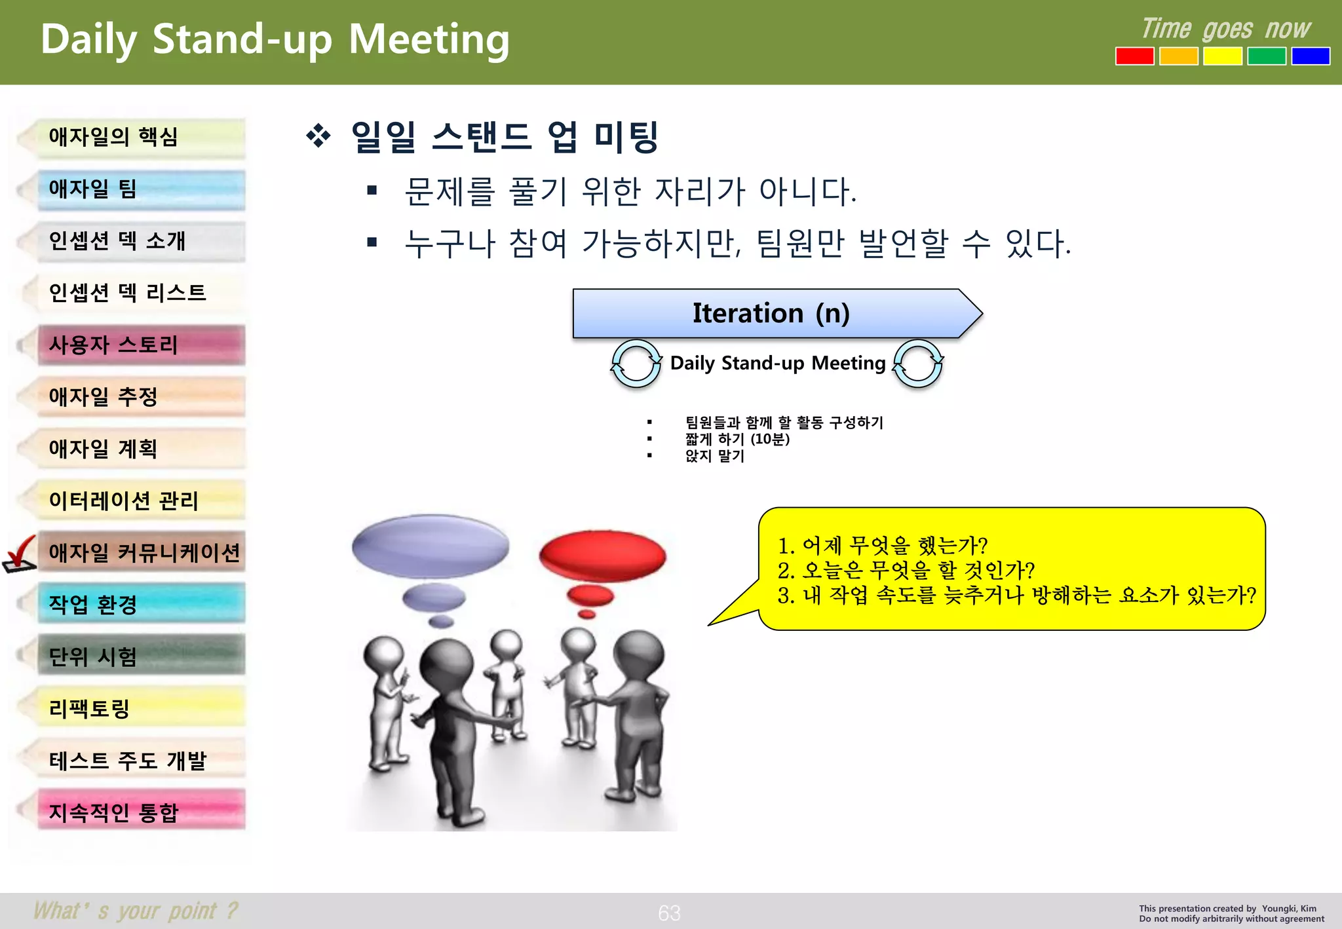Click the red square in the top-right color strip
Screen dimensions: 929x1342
point(1134,56)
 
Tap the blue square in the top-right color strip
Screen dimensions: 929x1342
point(1310,56)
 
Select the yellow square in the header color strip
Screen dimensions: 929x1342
point(1222,56)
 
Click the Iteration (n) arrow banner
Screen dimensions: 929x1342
point(771,313)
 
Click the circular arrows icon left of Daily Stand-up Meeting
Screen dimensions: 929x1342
point(636,364)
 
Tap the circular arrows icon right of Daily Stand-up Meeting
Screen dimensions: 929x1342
point(918,364)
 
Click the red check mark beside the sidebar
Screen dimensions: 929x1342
point(20,554)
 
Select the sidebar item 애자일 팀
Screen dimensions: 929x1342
point(141,190)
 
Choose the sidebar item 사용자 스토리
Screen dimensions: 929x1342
point(141,345)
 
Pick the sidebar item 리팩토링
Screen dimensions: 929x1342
point(141,708)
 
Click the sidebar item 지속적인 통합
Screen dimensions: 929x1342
point(141,812)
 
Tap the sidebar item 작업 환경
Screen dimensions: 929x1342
point(141,604)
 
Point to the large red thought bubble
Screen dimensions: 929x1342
point(602,556)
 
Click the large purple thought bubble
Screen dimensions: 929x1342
point(431,546)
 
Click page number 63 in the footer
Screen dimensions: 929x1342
point(669,913)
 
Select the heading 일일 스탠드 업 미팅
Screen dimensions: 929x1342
point(505,137)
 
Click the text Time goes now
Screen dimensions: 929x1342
point(1225,29)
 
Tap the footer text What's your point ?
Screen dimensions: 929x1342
point(136,911)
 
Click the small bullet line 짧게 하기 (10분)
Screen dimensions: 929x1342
point(737,439)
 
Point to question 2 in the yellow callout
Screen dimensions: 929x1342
point(906,571)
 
